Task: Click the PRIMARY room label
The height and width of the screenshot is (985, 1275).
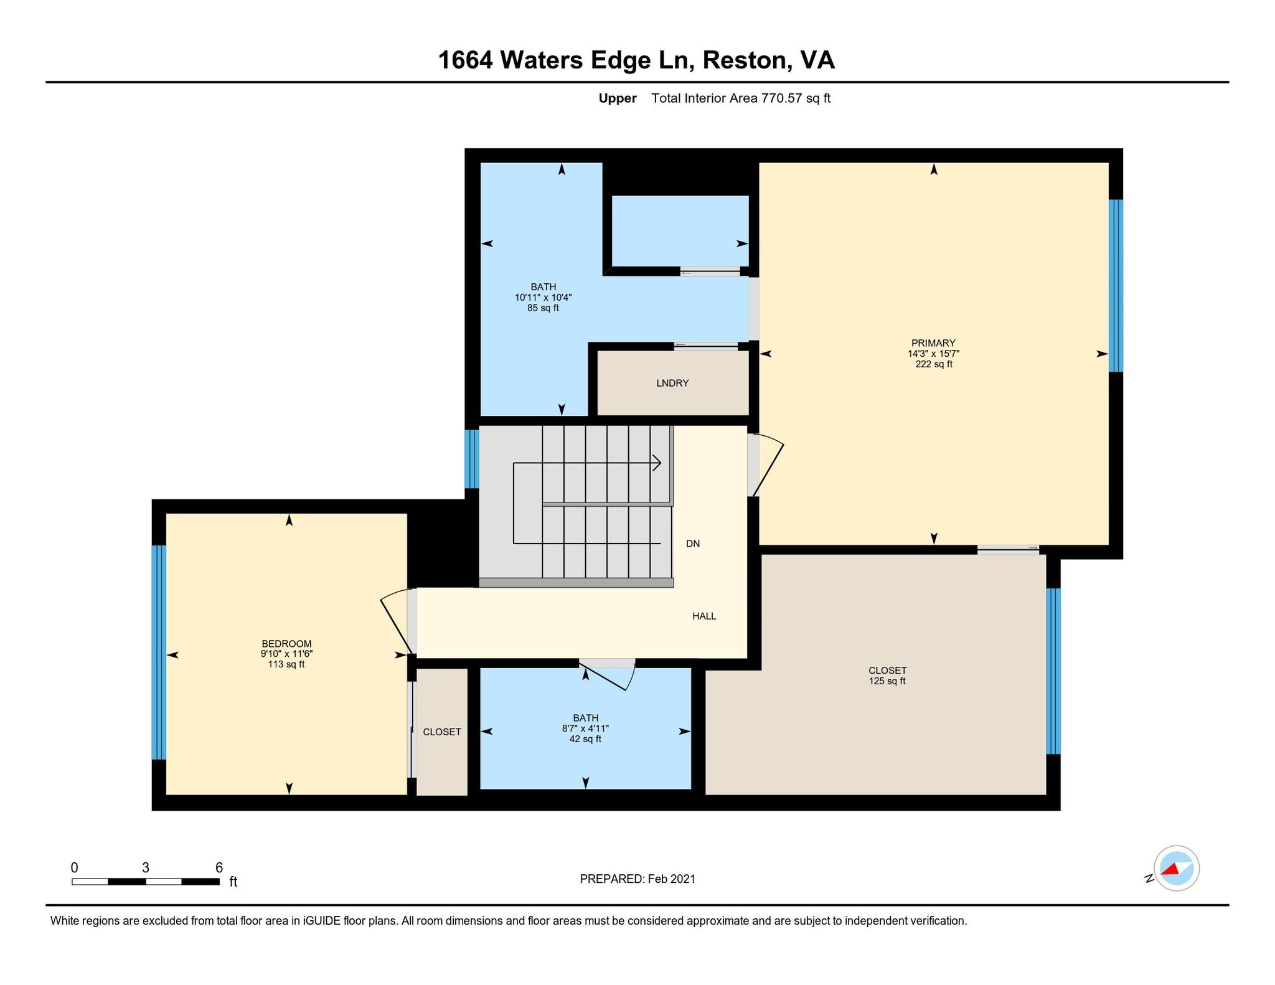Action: click(933, 343)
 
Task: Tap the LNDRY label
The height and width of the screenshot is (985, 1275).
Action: click(672, 383)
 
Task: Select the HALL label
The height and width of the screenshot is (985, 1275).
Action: click(704, 616)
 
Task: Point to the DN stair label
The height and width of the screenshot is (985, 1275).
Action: click(693, 544)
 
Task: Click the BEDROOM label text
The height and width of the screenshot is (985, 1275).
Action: click(286, 644)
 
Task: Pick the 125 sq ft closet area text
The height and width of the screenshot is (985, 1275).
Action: click(887, 681)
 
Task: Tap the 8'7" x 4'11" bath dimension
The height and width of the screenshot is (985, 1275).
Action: click(585, 728)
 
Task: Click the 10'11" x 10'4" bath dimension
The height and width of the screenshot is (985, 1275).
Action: click(543, 298)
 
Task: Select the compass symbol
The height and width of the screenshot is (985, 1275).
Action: click(1176, 868)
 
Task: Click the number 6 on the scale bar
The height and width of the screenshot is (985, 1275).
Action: click(219, 867)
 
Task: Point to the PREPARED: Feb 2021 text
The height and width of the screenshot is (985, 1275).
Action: click(637, 879)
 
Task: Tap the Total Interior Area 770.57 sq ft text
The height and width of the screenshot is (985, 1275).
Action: click(741, 98)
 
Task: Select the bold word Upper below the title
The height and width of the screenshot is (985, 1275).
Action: click(618, 98)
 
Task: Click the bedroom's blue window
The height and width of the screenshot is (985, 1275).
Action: click(159, 653)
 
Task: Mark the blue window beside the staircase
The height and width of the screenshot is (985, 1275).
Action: click(472, 459)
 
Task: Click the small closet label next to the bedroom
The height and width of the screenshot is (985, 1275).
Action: click(442, 732)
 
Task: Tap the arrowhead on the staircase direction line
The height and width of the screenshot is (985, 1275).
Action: click(657, 463)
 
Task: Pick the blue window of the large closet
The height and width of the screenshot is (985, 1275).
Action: click(1053, 671)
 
